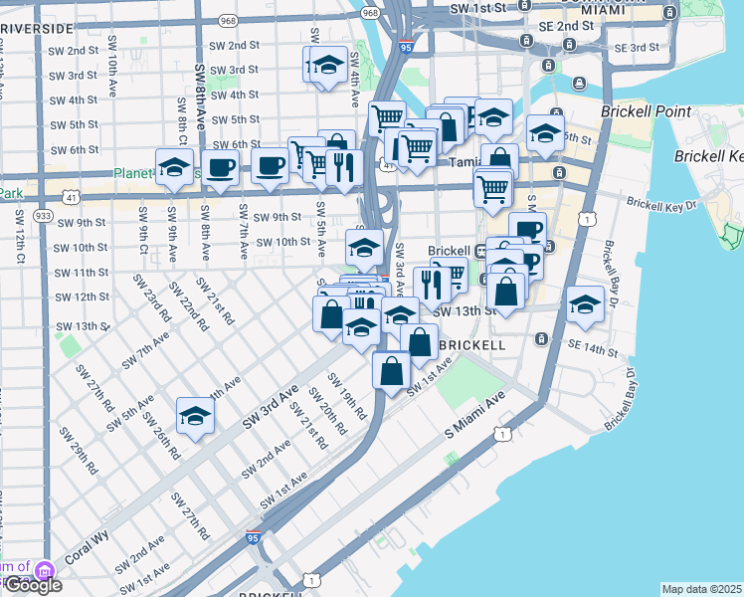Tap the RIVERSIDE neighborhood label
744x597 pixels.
pos(38,29)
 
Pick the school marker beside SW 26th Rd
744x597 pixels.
pos(195,416)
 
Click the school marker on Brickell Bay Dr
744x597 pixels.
pos(585,305)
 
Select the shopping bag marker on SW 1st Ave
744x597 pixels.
pos(392,369)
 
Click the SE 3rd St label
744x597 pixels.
pos(637,47)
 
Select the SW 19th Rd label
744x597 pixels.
pos(348,397)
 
